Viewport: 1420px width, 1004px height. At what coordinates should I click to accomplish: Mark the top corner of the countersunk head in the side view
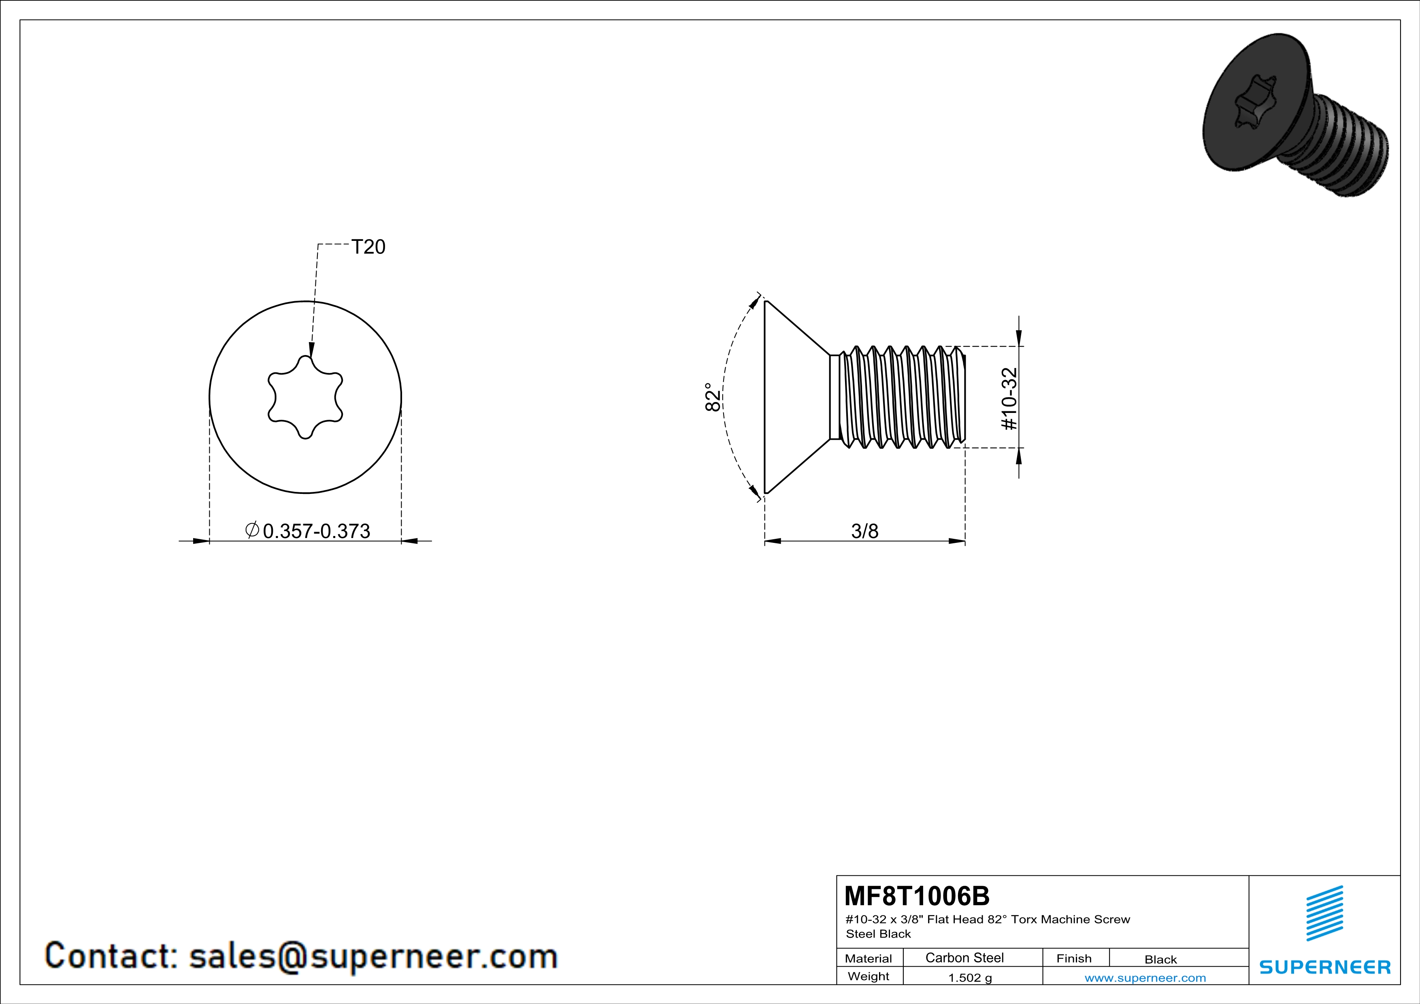(766, 301)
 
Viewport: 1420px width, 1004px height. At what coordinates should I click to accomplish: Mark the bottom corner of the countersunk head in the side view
(766, 493)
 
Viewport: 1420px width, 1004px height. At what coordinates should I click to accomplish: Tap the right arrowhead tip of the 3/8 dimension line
(965, 542)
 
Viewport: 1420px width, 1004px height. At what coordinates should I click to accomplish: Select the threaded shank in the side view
(897, 397)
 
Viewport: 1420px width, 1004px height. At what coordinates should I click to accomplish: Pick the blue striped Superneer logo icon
(1324, 913)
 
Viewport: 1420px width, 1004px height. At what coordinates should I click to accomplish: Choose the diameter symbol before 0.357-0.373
(252, 530)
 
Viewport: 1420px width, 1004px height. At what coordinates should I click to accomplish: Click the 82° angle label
(713, 397)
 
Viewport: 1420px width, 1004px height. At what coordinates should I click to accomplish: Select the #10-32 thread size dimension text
(1009, 399)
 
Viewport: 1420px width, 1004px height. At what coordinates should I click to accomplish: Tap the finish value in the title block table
(1160, 959)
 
